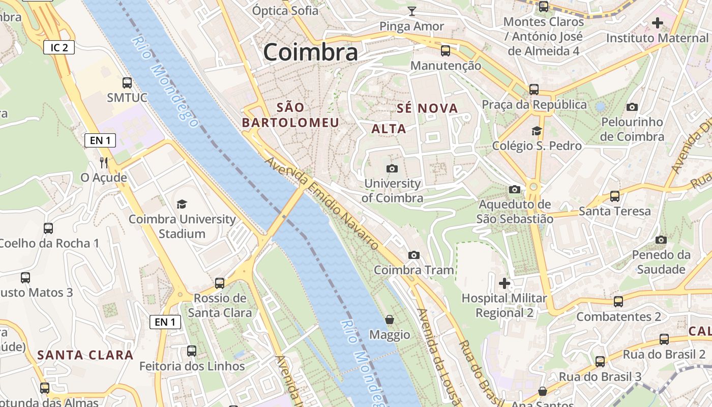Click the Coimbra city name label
[310, 52]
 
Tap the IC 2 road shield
[59, 48]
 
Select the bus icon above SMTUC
[127, 82]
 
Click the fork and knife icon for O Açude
[104, 163]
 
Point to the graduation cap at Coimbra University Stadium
[182, 204]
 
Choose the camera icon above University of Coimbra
[392, 168]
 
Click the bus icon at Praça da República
[534, 89]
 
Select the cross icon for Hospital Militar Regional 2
[505, 283]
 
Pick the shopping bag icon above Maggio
[390, 319]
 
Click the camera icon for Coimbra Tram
[414, 255]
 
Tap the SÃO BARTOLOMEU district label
[290, 115]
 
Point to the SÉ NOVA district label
[427, 108]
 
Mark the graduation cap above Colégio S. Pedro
[537, 131]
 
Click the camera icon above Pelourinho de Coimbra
[632, 107]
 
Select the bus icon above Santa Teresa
[615, 196]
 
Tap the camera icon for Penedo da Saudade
[661, 240]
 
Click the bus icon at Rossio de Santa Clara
[220, 283]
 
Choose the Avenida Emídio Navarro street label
[322, 204]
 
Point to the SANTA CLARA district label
[85, 355]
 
